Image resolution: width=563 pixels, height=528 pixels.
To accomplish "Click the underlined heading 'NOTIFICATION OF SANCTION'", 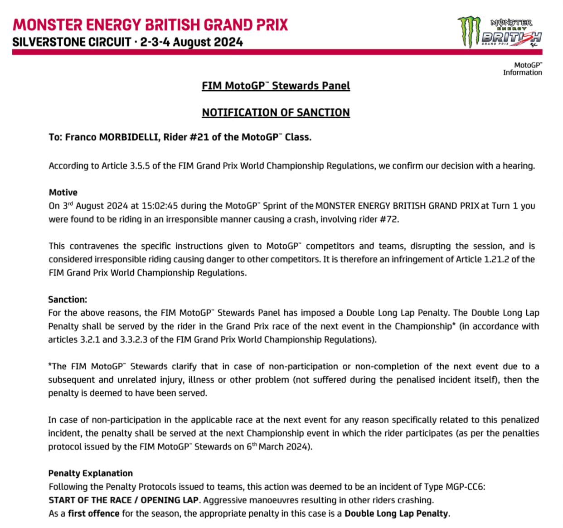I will pos(276,112).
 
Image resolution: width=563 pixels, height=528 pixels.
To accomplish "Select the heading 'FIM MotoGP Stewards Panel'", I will pos(276,86).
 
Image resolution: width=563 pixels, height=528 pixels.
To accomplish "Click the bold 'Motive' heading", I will pos(63,192).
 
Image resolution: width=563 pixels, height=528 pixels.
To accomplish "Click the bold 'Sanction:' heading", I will pos(68,300).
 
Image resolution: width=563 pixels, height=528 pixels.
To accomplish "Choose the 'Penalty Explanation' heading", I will pos(91,473).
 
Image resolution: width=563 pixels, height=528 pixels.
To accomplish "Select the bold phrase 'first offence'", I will pos(94,514).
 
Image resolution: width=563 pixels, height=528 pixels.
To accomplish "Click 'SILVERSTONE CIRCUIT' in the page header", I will pos(72,42).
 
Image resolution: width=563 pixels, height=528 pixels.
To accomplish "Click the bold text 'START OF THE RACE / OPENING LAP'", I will pos(123,500).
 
